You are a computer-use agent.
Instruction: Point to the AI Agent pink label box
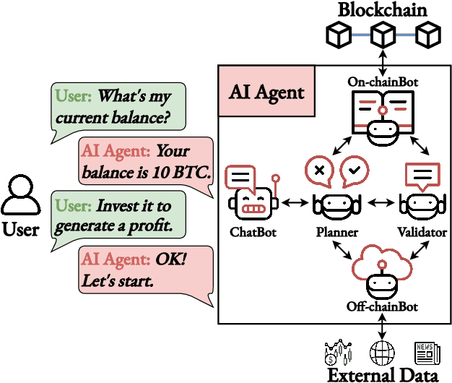[266, 92]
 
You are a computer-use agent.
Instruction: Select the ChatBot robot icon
[250, 191]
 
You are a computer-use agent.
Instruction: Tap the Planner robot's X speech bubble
[318, 171]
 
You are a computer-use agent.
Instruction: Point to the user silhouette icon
[21, 197]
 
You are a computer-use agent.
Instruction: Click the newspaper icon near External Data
[427, 353]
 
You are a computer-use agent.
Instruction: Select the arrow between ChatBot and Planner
[294, 205]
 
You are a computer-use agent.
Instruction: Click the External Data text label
[382, 375]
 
